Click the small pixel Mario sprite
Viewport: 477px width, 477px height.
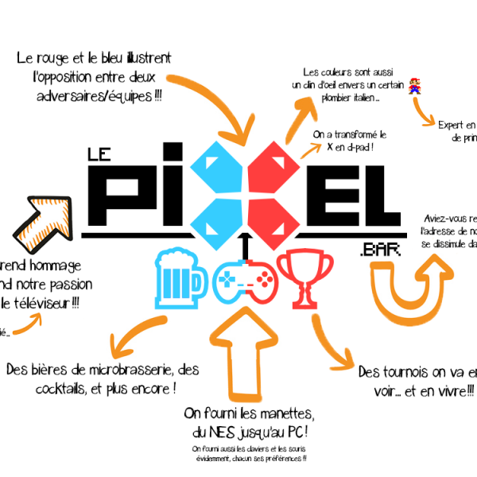point(415,85)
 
